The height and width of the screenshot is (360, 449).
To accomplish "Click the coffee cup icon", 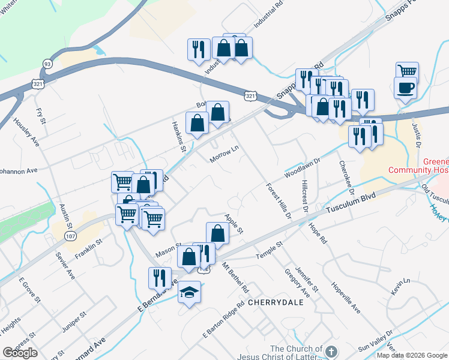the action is (405, 88).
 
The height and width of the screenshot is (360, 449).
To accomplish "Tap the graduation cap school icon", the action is (190, 292).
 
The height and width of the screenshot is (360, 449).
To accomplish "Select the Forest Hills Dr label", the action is (279, 200).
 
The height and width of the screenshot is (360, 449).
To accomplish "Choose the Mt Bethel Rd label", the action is (235, 276).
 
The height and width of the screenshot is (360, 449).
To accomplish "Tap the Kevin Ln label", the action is (399, 286).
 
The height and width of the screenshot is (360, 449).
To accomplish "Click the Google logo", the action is (20, 353).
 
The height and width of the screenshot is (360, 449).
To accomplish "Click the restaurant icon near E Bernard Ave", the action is (160, 278).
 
